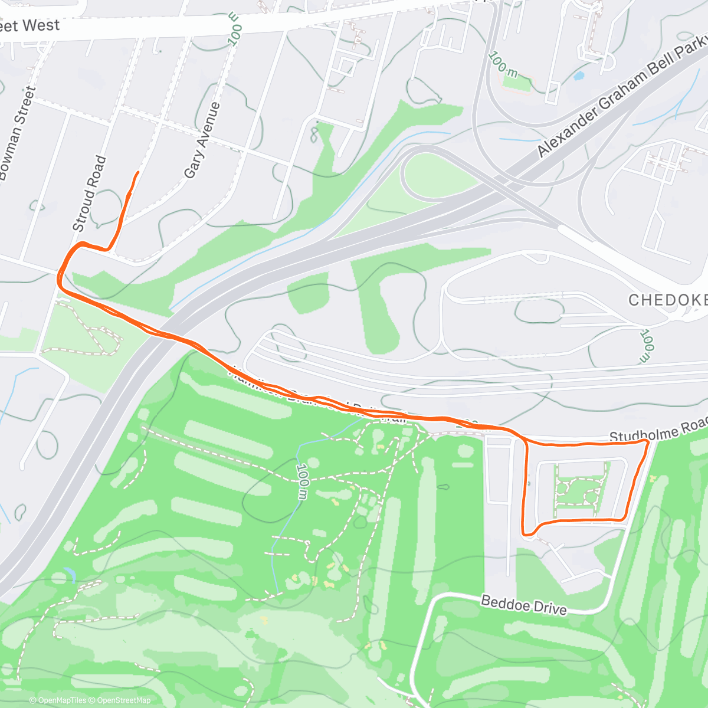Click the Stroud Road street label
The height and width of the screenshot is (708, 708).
pyautogui.click(x=90, y=194)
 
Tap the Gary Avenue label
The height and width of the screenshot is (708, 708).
pyautogui.click(x=202, y=140)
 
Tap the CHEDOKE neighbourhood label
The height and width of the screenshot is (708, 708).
pyautogui.click(x=667, y=300)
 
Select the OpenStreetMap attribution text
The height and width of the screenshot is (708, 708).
pyautogui.click(x=124, y=700)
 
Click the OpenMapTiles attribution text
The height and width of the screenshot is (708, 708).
pyautogui.click(x=62, y=700)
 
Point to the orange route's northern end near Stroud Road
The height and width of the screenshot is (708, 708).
pyautogui.click(x=138, y=172)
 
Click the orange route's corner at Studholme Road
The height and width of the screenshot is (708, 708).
pyautogui.click(x=647, y=441)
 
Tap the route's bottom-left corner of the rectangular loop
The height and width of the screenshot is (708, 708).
pyautogui.click(x=527, y=533)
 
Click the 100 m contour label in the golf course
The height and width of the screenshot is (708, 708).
pyautogui.click(x=302, y=481)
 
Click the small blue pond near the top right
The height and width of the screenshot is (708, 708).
pyautogui.click(x=579, y=76)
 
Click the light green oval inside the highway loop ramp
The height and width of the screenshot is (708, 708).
pyautogui.click(x=440, y=176)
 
